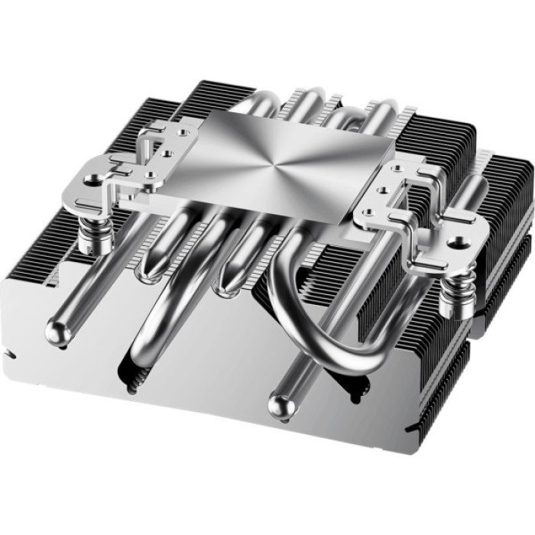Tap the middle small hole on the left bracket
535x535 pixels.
[165, 152]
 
